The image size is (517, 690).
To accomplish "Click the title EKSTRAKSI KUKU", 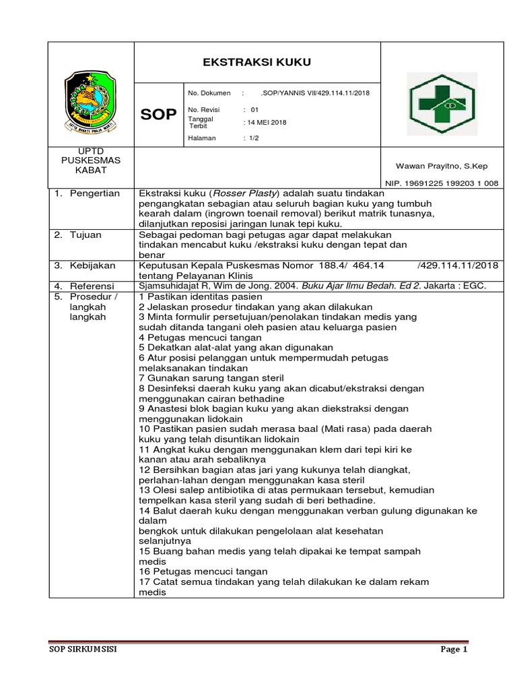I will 257,63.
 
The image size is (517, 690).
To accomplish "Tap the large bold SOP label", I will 158,115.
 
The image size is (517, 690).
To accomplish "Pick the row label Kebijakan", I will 93,265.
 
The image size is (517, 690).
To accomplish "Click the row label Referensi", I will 93,286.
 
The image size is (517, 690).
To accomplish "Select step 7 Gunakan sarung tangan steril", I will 211,378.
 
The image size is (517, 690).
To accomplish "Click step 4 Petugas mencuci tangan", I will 200,337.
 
